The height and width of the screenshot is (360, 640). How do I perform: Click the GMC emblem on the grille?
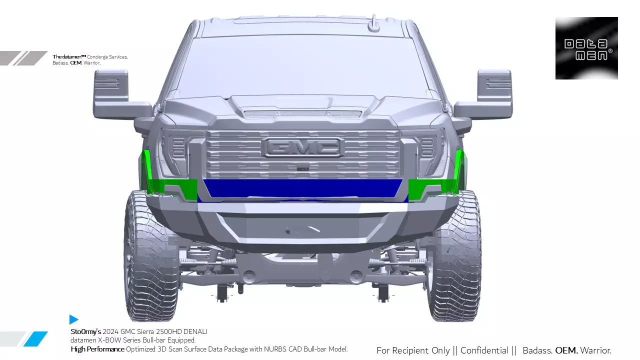click(303, 147)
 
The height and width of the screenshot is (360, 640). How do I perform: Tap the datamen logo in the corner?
click(586, 48)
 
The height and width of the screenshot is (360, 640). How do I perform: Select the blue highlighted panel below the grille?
click(303, 188)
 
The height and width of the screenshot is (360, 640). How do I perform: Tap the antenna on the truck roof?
click(373, 23)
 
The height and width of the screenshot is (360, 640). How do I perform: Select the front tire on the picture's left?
click(150, 255)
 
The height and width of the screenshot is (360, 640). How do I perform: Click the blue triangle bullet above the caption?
click(73, 319)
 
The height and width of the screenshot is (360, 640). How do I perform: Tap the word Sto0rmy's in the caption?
click(85, 331)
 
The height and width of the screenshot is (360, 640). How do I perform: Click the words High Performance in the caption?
click(97, 349)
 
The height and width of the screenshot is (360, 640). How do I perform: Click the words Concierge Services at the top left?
click(107, 57)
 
